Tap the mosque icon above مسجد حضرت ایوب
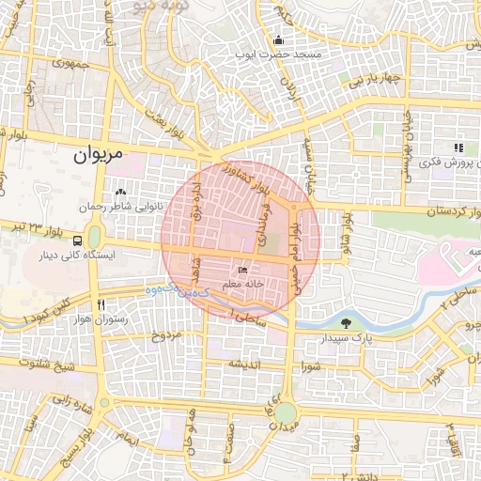[278, 40]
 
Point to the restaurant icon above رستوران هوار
[101, 304]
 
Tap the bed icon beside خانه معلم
[242, 270]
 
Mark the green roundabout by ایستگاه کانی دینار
[94, 235]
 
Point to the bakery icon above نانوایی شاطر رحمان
[120, 192]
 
